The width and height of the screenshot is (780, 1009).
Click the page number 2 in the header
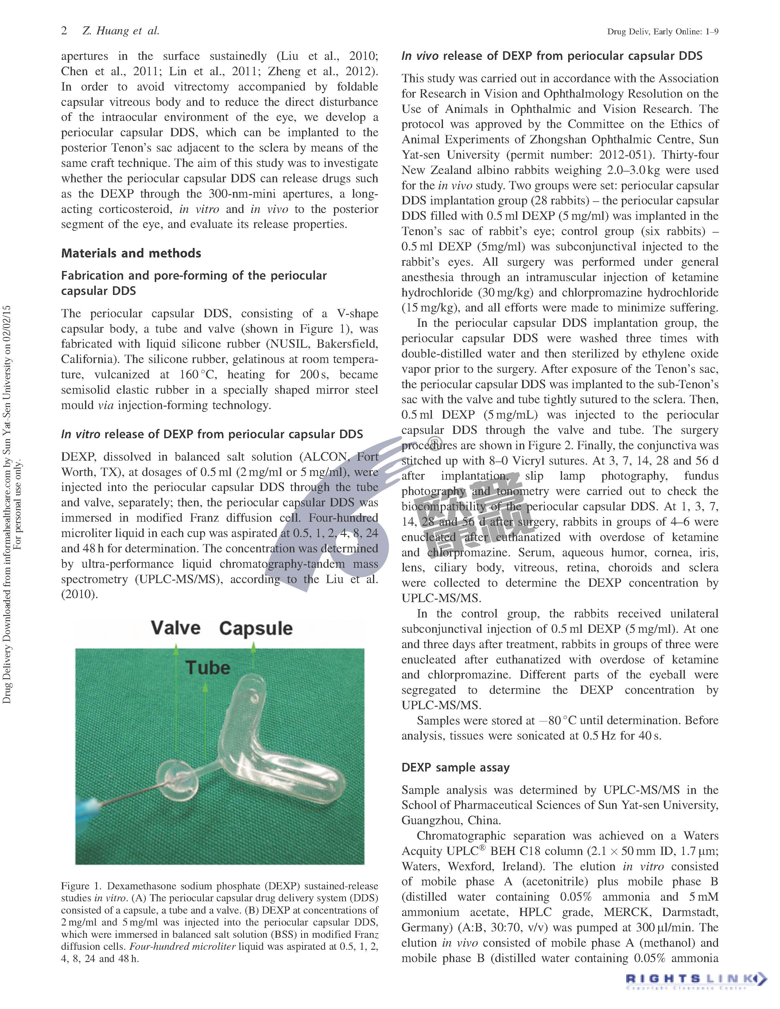click(x=64, y=31)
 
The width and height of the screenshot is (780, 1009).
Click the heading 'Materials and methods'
click(x=131, y=253)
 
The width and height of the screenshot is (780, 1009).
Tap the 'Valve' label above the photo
click(x=176, y=628)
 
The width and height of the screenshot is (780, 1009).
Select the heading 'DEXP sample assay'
click(x=455, y=767)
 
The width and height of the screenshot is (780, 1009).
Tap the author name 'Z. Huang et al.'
click(x=121, y=31)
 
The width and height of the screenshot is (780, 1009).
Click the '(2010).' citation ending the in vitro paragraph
click(x=80, y=594)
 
